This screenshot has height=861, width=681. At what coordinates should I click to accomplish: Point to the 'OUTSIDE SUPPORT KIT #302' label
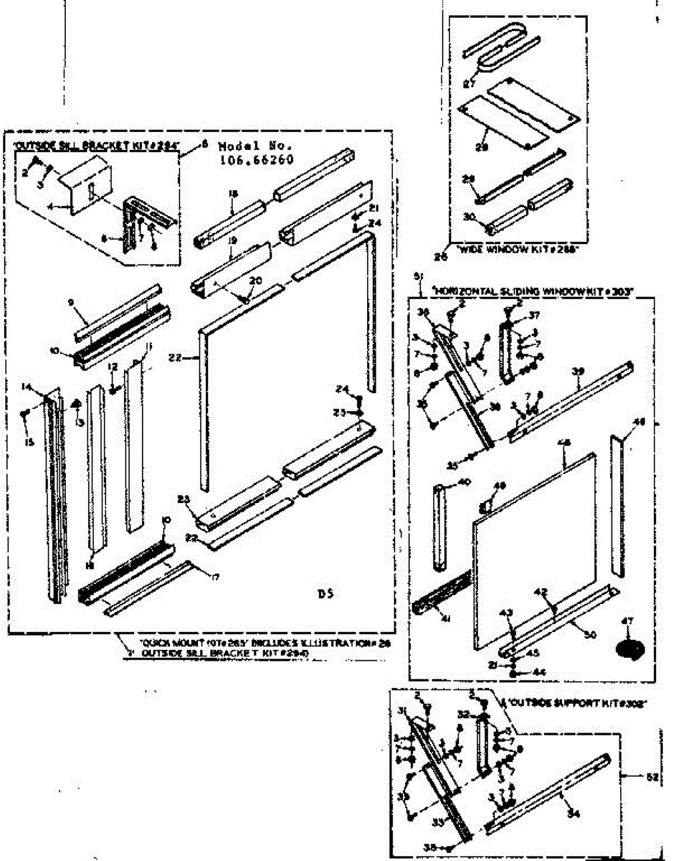tap(577, 704)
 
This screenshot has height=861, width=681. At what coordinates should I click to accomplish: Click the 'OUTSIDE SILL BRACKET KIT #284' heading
tap(95, 145)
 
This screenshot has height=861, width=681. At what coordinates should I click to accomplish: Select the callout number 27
tap(470, 83)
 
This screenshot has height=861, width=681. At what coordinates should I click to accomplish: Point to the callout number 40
tap(464, 483)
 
